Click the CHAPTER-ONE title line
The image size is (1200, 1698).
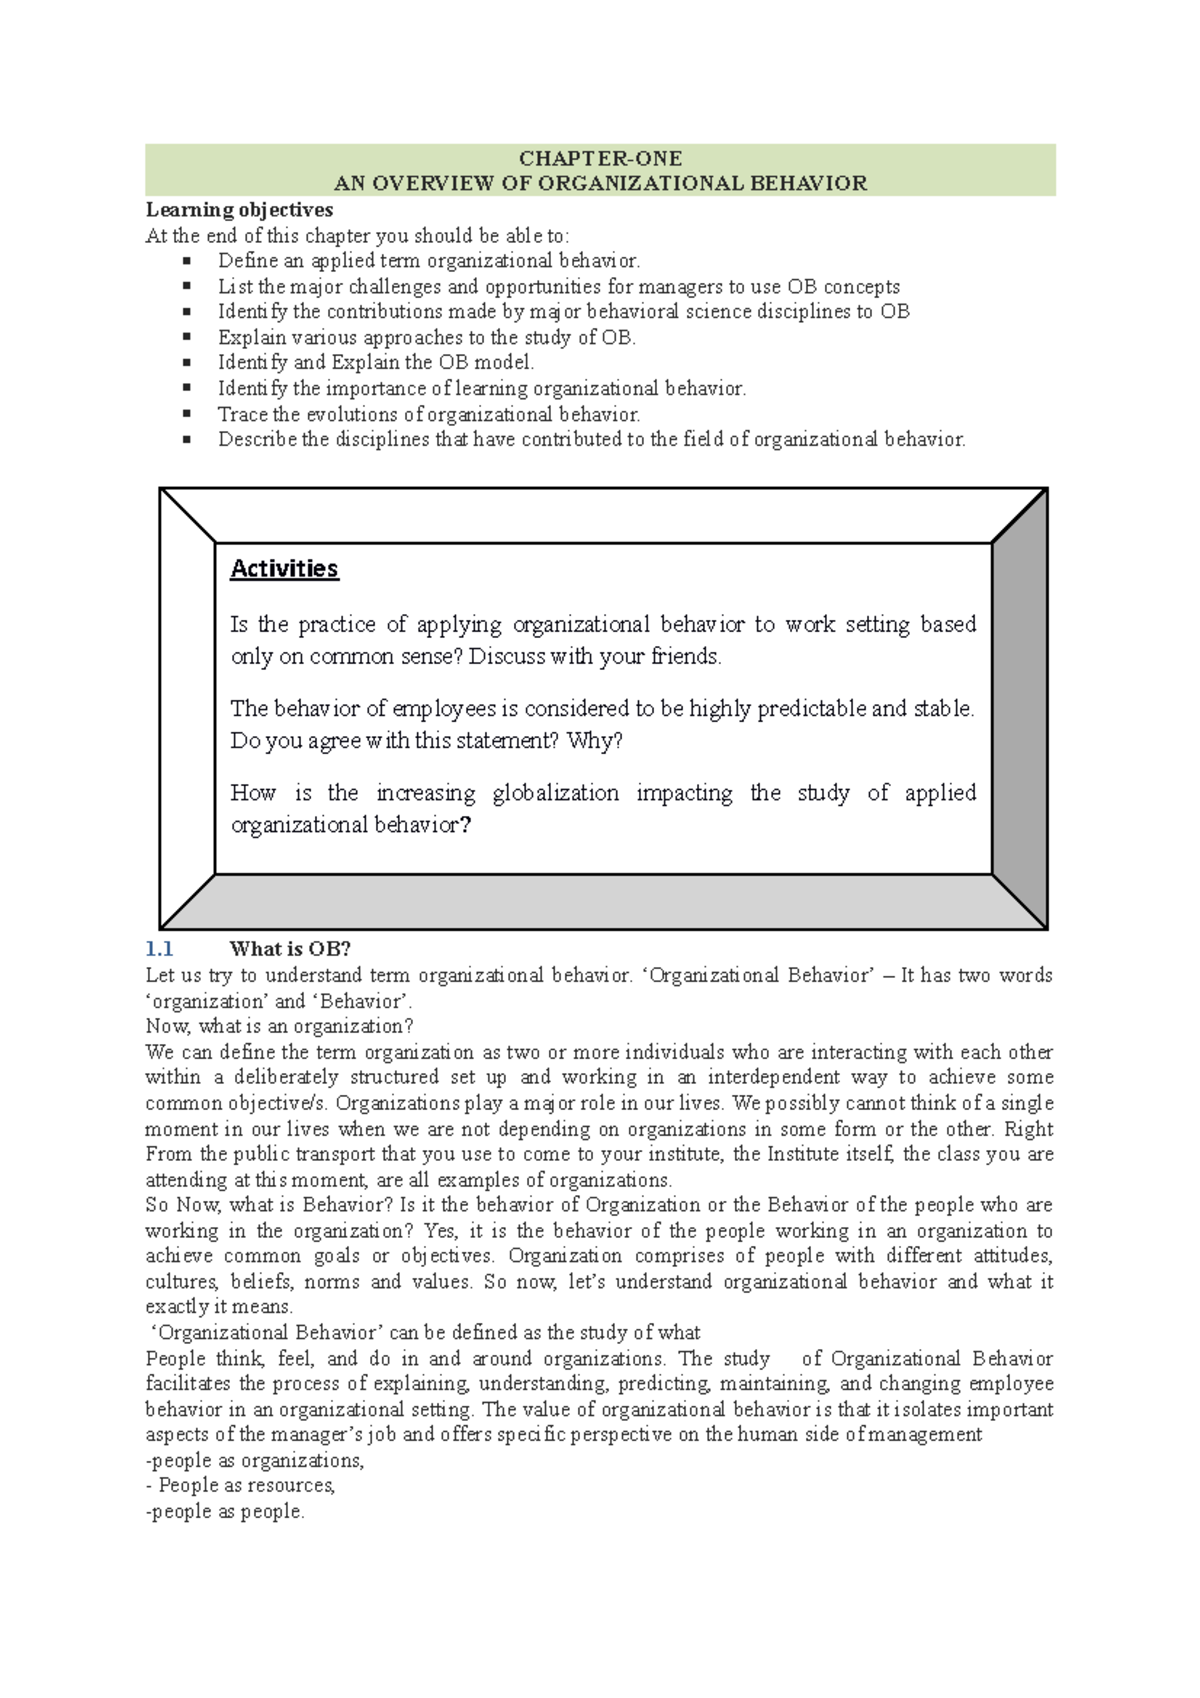click(600, 158)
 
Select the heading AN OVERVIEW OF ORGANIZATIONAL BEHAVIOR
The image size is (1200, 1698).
click(600, 183)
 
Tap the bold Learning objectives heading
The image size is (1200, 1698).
click(239, 210)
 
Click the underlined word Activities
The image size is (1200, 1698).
click(284, 568)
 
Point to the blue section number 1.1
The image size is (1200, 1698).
click(159, 949)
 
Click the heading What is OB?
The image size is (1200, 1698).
click(290, 949)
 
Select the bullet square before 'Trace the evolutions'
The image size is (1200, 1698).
click(186, 414)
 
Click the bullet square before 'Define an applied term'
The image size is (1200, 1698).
click(186, 261)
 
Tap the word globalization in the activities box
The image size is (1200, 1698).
click(555, 793)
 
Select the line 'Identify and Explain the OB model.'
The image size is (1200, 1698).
click(376, 363)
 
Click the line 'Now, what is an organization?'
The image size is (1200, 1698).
click(279, 1026)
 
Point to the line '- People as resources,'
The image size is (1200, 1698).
click(240, 1486)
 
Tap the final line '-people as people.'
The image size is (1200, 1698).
click(225, 1512)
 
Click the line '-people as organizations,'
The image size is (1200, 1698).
click(255, 1461)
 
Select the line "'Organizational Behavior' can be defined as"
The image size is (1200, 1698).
click(424, 1333)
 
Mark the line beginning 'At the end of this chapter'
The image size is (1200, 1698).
click(357, 236)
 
